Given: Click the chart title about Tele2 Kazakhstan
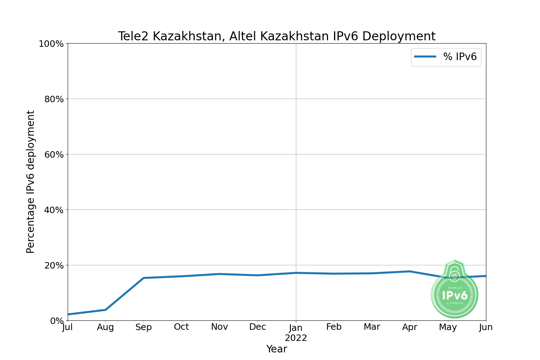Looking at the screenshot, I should coord(276,36).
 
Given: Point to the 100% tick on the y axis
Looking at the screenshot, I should coord(51,44).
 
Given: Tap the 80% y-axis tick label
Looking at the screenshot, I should coord(54,99).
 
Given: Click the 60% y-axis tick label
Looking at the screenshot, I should coord(54,155).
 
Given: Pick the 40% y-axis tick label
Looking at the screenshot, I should coord(54,210).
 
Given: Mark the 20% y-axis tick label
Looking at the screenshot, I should coord(54,266).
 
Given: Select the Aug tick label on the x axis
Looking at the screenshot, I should coord(105,327).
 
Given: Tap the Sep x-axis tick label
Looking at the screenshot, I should coord(144,327).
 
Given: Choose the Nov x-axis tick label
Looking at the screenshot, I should coord(220,327).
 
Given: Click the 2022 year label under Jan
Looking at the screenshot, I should coord(296,338).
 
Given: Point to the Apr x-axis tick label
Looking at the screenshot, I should coord(410,327).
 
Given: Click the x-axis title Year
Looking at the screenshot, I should coord(276,349).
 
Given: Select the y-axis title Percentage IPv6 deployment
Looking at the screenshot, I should coord(31,182).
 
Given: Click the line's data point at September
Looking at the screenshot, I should coord(144,278).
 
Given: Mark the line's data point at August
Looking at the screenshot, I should coord(105,310).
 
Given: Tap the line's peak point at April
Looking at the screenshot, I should coord(410,271).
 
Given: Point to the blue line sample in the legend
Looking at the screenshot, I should coord(425,57).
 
